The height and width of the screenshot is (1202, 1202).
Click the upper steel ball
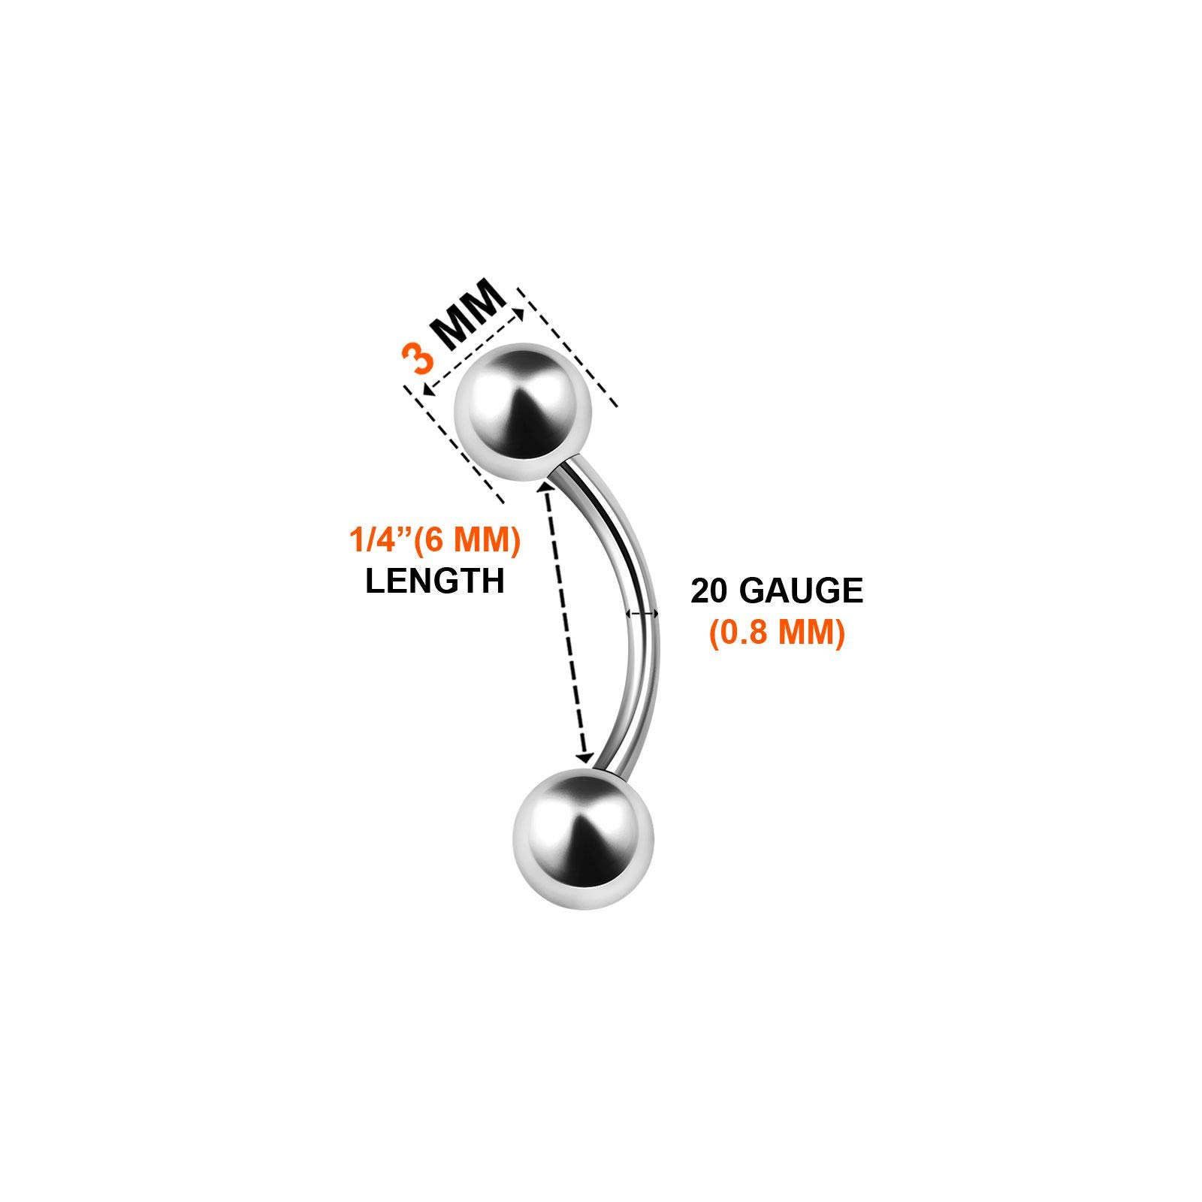524,412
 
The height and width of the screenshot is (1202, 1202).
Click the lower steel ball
583,838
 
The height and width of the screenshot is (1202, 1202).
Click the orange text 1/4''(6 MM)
434,541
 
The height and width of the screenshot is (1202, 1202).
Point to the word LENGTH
434,581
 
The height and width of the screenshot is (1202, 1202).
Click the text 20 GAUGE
777,592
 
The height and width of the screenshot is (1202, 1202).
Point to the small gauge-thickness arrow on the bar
642,614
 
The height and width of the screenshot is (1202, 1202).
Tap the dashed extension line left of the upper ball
455,443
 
